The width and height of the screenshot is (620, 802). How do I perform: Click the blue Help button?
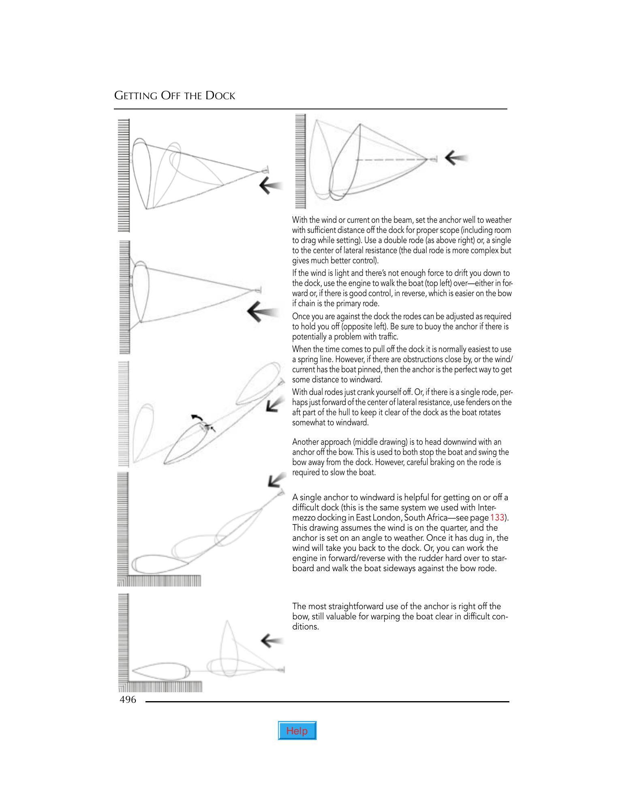[x=297, y=731]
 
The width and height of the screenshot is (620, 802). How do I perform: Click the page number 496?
[x=128, y=700]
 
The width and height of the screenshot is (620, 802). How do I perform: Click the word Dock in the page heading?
[x=220, y=96]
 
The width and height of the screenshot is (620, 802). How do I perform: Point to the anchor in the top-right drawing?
[x=434, y=159]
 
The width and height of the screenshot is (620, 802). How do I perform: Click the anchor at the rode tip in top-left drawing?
[x=265, y=170]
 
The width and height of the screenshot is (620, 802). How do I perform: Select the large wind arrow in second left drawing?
[x=261, y=312]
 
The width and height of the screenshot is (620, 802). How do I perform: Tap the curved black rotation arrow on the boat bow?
[x=197, y=418]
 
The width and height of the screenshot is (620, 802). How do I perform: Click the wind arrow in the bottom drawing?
[x=272, y=640]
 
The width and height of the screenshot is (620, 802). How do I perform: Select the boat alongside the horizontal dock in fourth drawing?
[x=160, y=563]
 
